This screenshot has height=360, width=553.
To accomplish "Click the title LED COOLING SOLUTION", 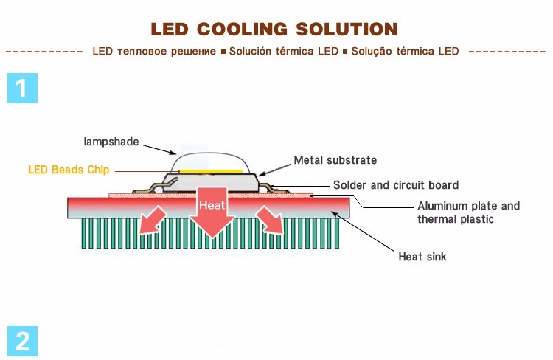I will coord(274,30).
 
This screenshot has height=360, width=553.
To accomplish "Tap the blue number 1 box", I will coord(22,88).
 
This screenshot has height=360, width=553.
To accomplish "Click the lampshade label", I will coord(110,141).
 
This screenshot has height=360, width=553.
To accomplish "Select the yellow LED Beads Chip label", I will coord(69,170).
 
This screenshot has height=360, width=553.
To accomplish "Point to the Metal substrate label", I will coord(335,159).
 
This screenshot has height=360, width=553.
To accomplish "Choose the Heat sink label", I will coord(422,257).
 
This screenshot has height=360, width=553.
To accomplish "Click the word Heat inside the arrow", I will coord(212,205).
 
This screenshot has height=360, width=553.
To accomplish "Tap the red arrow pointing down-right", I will coord(268,220).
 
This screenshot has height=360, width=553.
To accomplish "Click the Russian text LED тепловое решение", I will coord(156,52).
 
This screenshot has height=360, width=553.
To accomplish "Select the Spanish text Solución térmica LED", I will coord(283,52).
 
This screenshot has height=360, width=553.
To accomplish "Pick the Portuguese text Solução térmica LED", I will coord(405,52).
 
